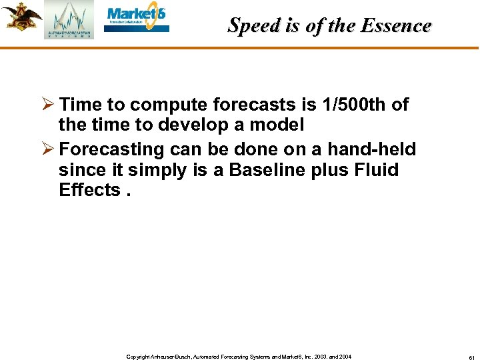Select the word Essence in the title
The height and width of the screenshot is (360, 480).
397,25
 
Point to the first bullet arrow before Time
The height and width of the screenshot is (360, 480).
48,105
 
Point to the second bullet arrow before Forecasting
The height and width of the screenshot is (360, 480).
48,149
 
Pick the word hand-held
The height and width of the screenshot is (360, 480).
371,150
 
